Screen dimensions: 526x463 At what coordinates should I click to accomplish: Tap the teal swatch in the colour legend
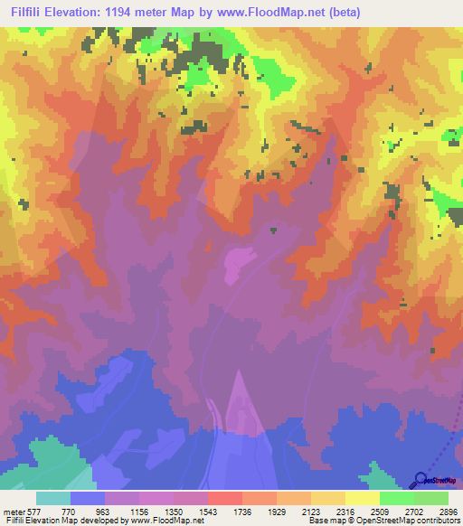[x=53, y=498]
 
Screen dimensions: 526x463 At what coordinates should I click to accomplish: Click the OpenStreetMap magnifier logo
[x=420, y=480]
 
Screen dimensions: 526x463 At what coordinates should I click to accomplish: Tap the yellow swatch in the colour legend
[x=362, y=498]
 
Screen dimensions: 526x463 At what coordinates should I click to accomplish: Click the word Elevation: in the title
[x=79, y=12]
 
